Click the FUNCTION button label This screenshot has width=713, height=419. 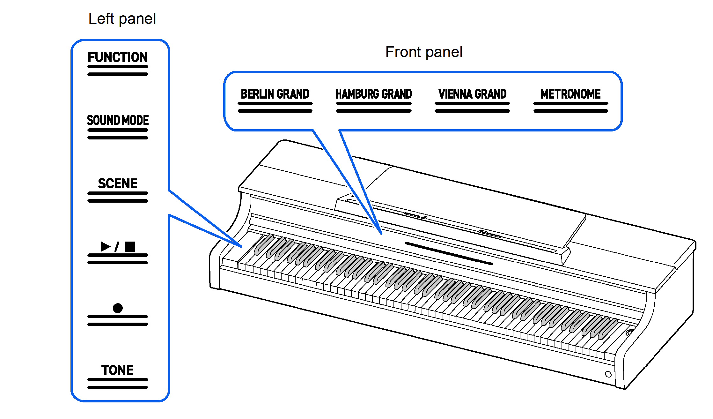click(118, 57)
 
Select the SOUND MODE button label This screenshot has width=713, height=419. click(118, 120)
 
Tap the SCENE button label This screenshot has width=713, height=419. click(118, 183)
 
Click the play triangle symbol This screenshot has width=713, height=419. click(106, 246)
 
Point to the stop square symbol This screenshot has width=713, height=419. click(130, 246)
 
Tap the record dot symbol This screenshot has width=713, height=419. click(118, 308)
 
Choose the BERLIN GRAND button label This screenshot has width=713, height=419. click(275, 94)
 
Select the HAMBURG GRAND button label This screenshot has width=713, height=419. click(373, 94)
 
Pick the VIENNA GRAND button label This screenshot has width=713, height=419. click(472, 94)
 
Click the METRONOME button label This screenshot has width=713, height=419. click(570, 94)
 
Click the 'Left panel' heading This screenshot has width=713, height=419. click(122, 19)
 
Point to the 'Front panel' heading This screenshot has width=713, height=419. click(424, 52)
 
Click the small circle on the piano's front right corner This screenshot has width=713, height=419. click(608, 374)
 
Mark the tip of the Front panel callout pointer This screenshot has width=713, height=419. click(381, 234)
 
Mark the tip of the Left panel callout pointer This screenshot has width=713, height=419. click(242, 247)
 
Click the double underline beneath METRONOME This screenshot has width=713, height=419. click(570, 107)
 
